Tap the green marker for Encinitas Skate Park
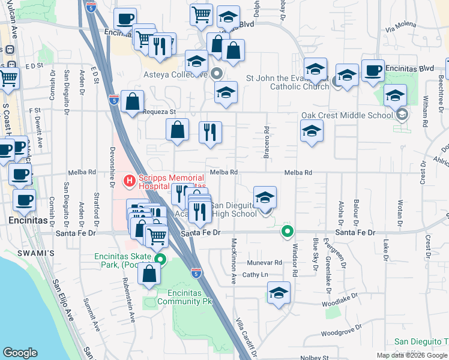[x=160, y=259]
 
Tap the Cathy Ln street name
[x=255, y=274]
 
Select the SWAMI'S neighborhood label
[x=39, y=253]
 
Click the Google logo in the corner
[x=20, y=353]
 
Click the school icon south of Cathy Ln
[x=278, y=294]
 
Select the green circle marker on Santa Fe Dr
[x=288, y=230]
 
